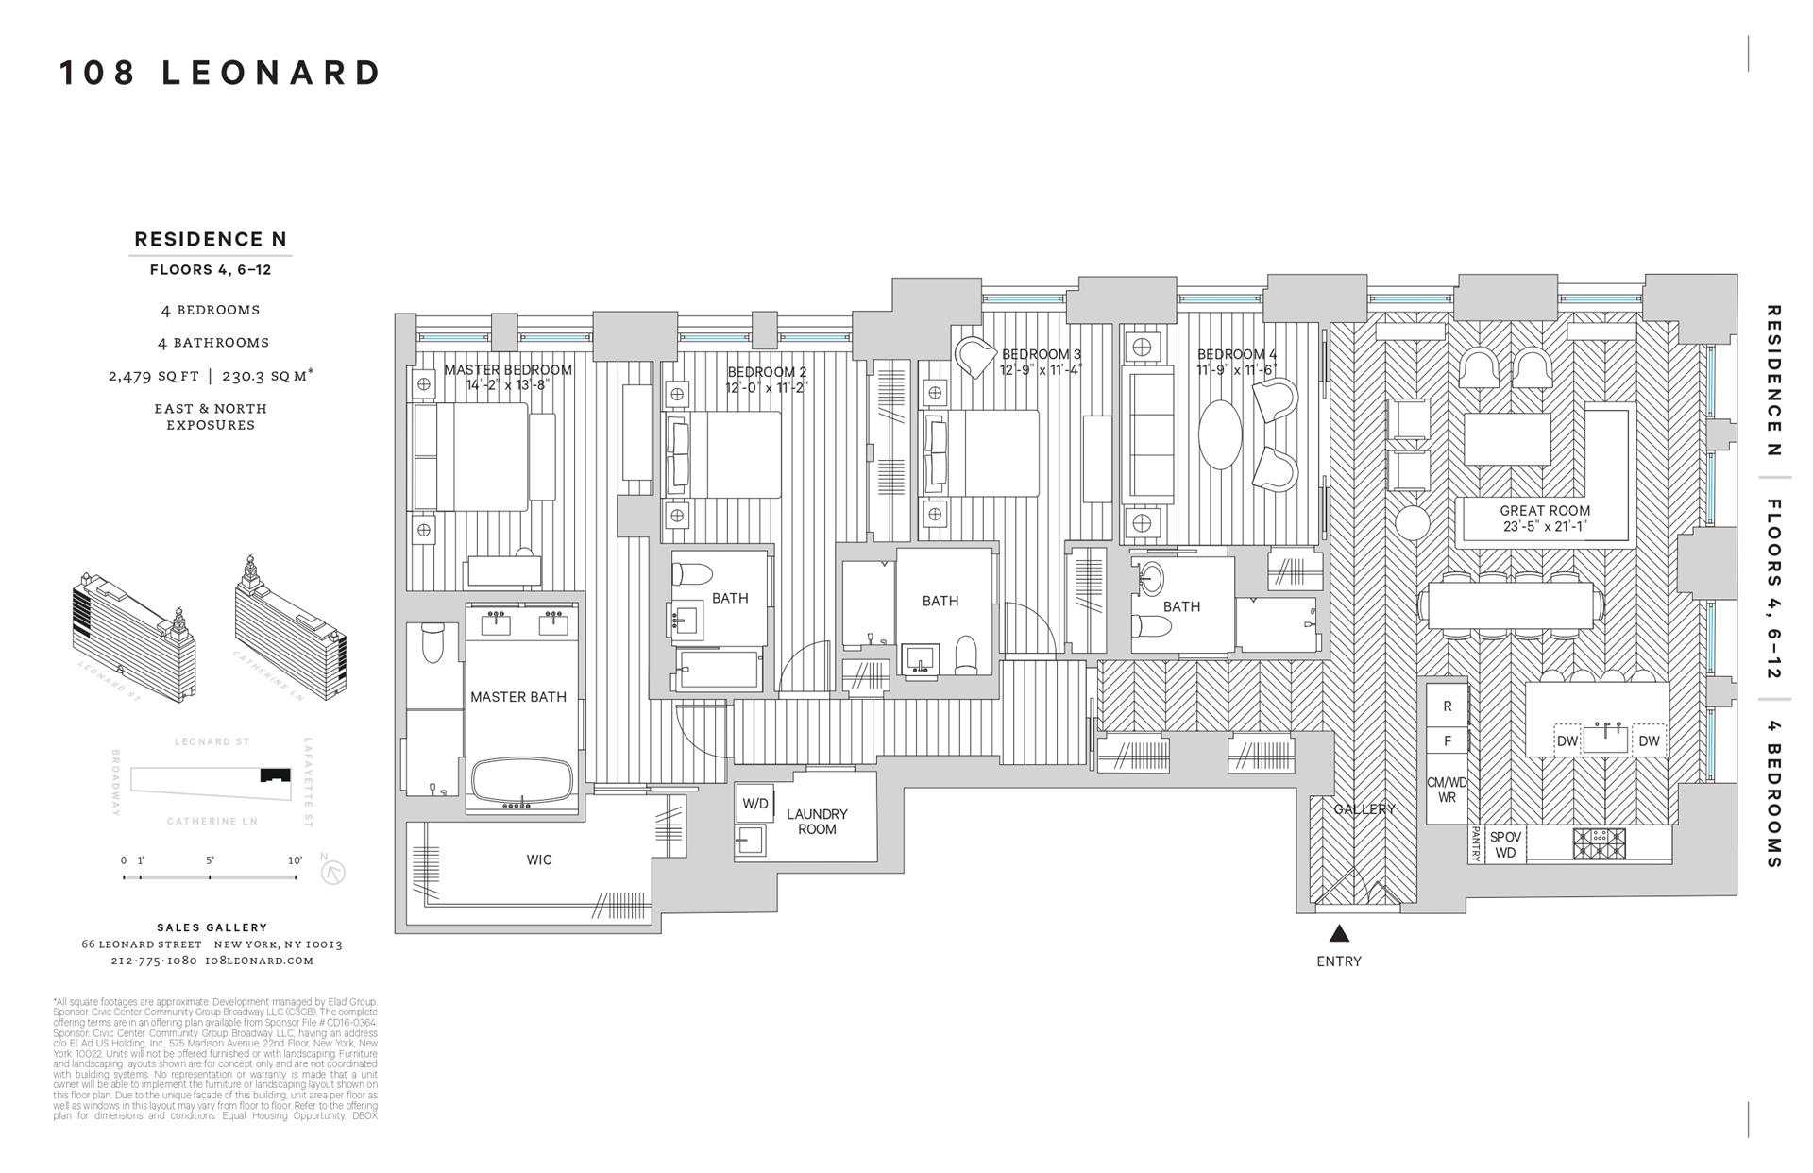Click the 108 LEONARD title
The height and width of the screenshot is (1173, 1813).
pyautogui.click(x=221, y=73)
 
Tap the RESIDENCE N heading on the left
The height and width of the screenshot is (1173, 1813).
pyautogui.click(x=210, y=240)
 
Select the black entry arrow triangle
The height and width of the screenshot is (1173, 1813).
pyautogui.click(x=1339, y=934)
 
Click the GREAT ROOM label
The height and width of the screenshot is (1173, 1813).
pyautogui.click(x=1545, y=511)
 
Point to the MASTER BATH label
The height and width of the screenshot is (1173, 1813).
pyautogui.click(x=518, y=697)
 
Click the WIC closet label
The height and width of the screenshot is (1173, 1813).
pyautogui.click(x=539, y=860)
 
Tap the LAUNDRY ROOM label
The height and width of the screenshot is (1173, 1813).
pyautogui.click(x=817, y=822)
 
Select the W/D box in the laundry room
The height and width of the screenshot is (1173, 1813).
pyautogui.click(x=755, y=804)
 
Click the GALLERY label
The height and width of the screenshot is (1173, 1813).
pyautogui.click(x=1364, y=809)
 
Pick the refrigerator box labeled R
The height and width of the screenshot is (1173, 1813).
pyautogui.click(x=1448, y=706)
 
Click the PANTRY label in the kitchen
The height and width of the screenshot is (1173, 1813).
pyautogui.click(x=1474, y=844)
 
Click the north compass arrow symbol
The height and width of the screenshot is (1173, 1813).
pyautogui.click(x=332, y=872)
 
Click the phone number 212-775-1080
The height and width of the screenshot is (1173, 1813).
pyautogui.click(x=153, y=960)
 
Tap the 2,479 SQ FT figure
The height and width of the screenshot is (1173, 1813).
pyautogui.click(x=153, y=376)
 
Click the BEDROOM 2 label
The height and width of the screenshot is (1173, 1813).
pyautogui.click(x=767, y=372)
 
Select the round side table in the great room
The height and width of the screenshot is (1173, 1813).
pyautogui.click(x=1414, y=521)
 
